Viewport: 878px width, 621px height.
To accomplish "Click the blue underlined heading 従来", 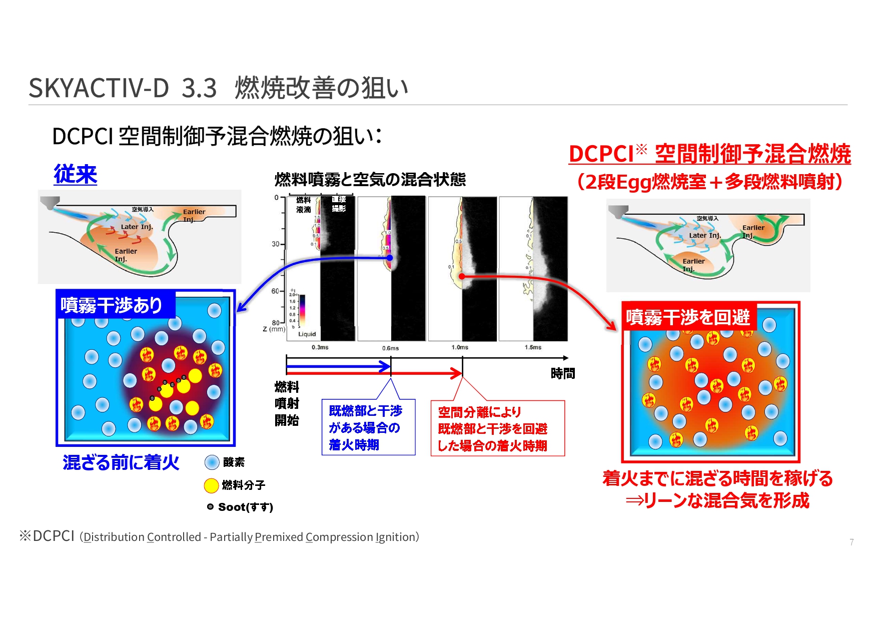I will tap(75, 175).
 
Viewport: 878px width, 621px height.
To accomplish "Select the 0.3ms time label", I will tap(320, 347).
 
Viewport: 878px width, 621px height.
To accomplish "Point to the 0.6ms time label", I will tap(390, 348).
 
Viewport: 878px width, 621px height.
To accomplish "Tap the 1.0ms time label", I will tap(460, 347).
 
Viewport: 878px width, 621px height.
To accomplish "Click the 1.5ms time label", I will tap(533, 347).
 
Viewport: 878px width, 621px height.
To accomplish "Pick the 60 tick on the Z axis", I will tap(275, 291).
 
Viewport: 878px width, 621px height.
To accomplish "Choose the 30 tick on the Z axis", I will tap(275, 244).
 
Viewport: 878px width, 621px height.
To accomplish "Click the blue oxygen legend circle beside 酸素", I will tap(212, 462).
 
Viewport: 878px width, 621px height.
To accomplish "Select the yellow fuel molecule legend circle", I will tap(211, 485).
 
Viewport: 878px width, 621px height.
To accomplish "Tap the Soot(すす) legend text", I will tap(245, 507).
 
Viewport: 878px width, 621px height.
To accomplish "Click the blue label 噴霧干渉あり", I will tap(112, 305).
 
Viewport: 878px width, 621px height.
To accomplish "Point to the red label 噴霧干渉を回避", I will tap(687, 317).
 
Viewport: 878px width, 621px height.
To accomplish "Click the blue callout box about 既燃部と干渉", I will tap(368, 428).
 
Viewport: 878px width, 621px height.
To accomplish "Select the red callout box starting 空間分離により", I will tap(497, 429).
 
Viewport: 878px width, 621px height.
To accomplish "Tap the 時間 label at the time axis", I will tap(562, 374).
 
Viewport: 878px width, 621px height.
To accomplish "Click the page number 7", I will tap(851, 542).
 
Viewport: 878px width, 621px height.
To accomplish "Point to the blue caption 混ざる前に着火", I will tap(121, 462).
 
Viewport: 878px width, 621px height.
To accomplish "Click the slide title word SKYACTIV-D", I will tap(99, 88).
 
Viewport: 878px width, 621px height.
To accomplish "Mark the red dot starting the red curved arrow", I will tap(462, 276).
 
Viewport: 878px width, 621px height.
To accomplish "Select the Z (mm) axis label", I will tap(274, 329).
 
